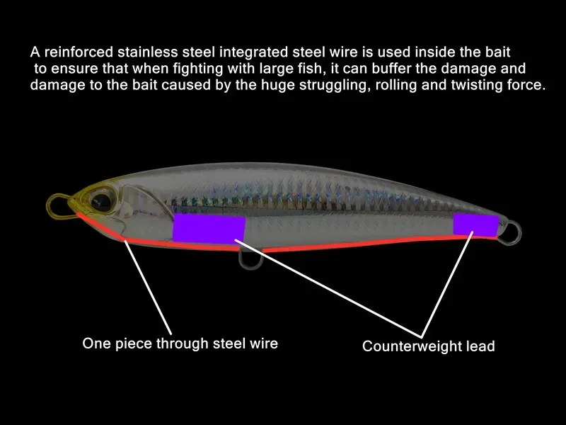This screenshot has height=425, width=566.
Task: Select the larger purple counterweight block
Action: tap(209, 228)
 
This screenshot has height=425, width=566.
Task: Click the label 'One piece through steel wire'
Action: tap(180, 344)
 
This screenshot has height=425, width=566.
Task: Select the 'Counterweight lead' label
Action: tap(428, 346)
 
